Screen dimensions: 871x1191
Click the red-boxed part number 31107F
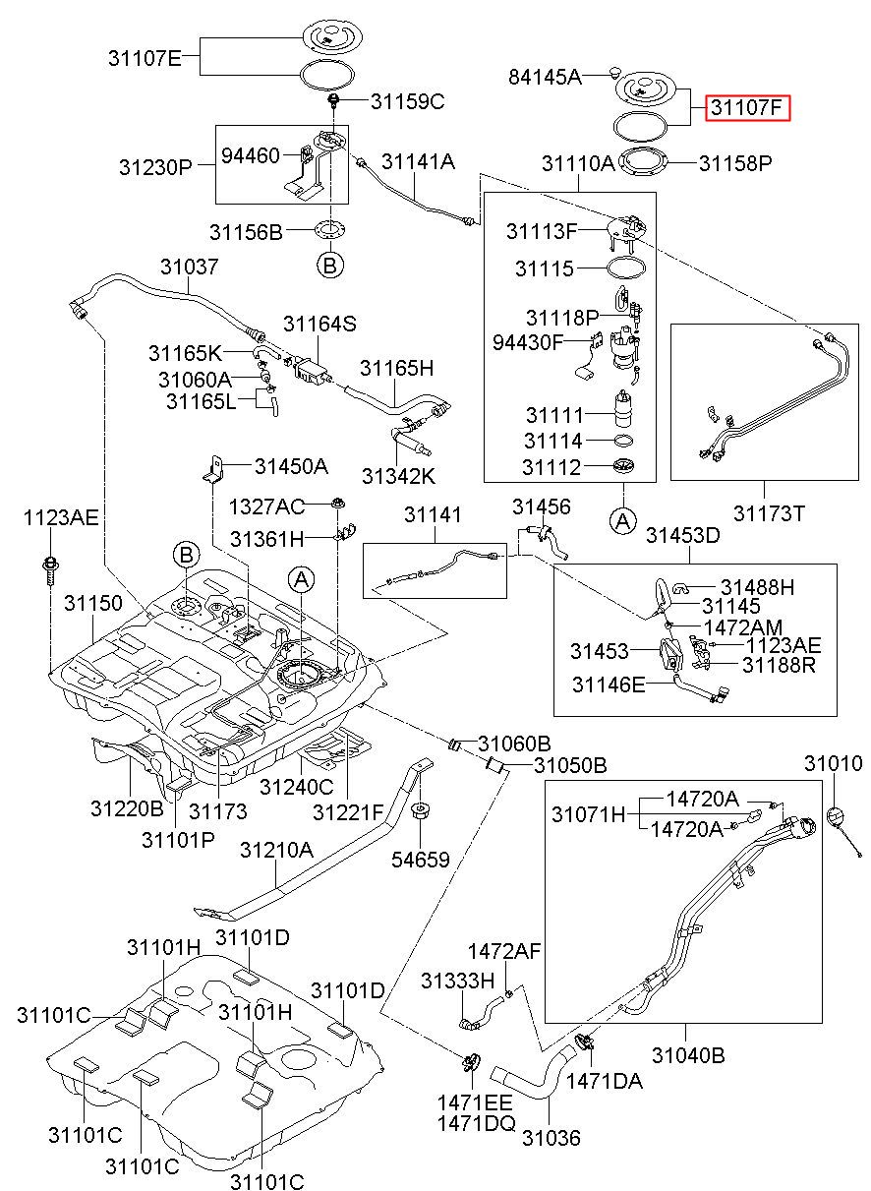[x=747, y=108]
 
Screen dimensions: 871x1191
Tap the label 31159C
[x=407, y=101]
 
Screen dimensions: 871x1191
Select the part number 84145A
[x=546, y=77]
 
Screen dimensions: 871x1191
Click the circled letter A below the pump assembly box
[x=623, y=520]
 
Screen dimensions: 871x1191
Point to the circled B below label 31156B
[x=330, y=265]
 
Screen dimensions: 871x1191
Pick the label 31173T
[x=769, y=513]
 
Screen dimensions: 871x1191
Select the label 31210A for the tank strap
[x=276, y=850]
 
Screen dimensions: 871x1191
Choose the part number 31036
[x=552, y=1138]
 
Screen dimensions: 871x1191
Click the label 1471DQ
[x=477, y=1123]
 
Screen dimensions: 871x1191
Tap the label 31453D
[x=683, y=535]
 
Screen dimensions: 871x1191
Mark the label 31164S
[x=319, y=324]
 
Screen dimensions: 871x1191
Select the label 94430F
[x=528, y=342]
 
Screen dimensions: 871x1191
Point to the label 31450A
[x=291, y=466]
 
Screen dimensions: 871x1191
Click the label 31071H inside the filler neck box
[x=588, y=814]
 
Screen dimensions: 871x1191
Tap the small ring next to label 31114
[x=623, y=441]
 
